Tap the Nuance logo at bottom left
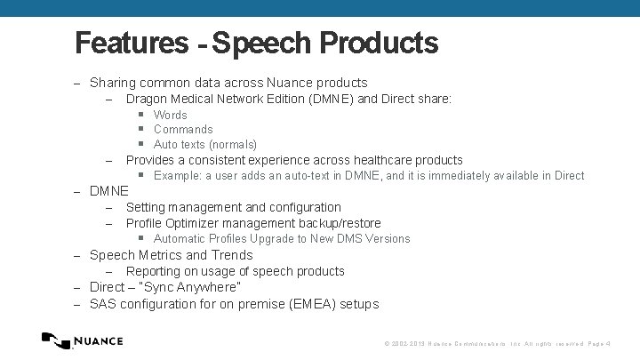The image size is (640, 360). point(83,340)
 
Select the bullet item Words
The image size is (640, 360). point(170,115)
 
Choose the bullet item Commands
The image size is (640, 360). point(183,130)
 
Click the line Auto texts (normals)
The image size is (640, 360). point(204,144)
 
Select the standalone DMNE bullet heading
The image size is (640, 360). point(109,191)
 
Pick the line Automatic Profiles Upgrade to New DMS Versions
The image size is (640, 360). point(282,238)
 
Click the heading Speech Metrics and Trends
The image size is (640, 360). point(172,255)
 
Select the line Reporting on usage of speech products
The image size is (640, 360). point(235,271)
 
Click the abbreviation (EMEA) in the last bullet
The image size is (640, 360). point(318,304)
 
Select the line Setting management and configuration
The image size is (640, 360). point(233,207)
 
